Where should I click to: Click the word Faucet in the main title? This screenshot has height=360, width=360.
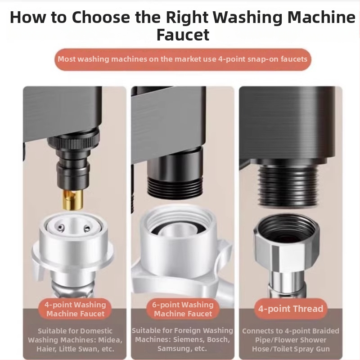[183, 35]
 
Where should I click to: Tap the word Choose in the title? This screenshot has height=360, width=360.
[101, 17]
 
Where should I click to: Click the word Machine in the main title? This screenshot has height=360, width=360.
[321, 17]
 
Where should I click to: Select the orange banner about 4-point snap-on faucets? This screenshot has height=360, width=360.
[183, 59]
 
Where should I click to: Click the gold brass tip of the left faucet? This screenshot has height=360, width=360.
[73, 200]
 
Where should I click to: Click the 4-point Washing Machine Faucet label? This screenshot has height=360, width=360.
[75, 309]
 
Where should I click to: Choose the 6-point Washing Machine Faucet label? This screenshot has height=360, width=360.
[183, 309]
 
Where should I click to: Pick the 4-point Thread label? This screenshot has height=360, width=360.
[291, 309]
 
